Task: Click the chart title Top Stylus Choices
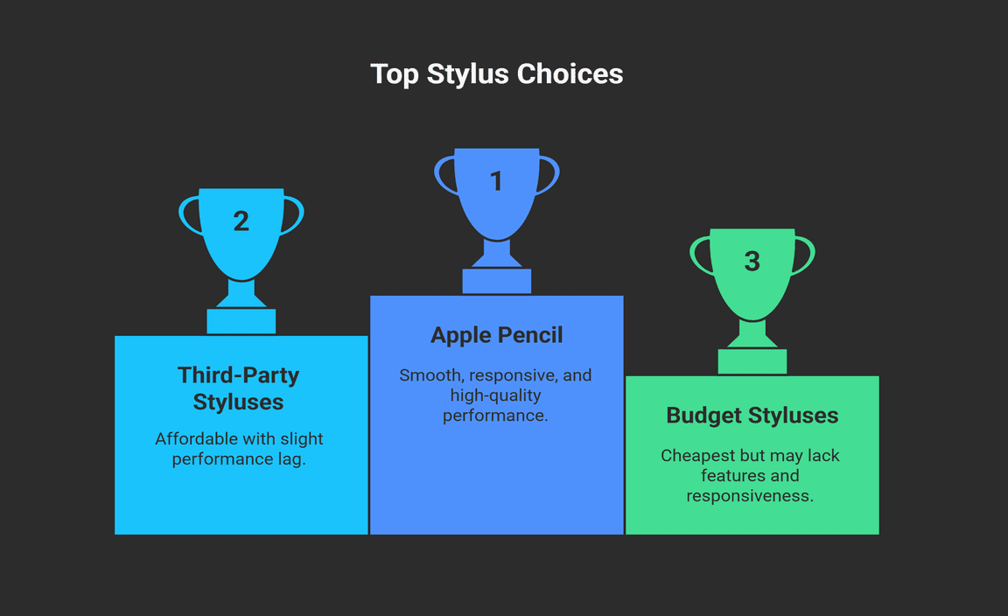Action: point(496,74)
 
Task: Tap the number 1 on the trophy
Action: point(496,181)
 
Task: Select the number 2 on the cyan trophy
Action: point(241,221)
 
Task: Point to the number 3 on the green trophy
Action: point(752,261)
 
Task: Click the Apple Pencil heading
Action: point(496,335)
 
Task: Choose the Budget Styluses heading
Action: point(752,416)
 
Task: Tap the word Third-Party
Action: point(239,374)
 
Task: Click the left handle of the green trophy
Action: point(702,255)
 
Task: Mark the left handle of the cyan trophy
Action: point(190,215)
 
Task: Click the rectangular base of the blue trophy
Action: point(496,282)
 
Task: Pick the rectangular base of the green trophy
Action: point(752,361)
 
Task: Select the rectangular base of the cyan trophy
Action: point(241,321)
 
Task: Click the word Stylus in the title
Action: point(468,75)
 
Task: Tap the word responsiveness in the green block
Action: point(750,496)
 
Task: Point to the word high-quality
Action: point(495,396)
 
